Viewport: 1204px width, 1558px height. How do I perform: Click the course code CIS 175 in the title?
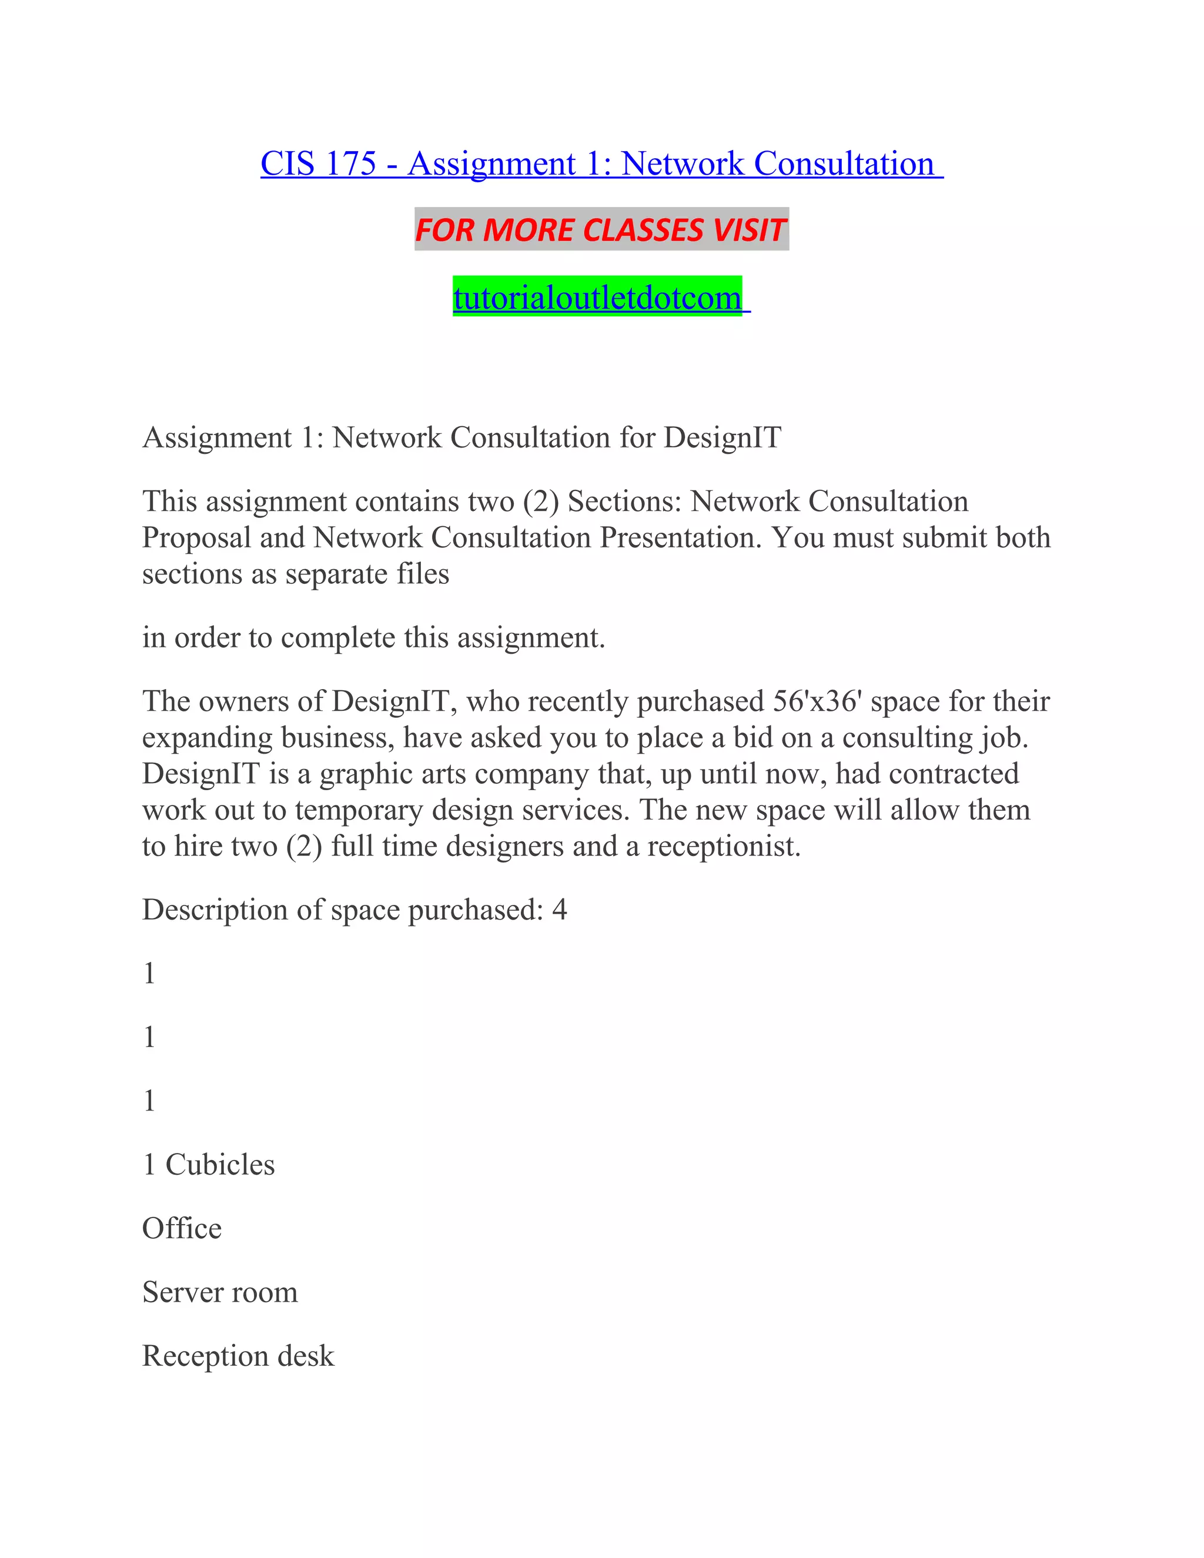(x=317, y=163)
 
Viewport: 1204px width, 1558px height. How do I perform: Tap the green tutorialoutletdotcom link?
(x=598, y=297)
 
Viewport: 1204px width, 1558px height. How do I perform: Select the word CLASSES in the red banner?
(x=643, y=230)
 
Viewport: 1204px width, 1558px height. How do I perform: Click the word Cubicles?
(x=220, y=1165)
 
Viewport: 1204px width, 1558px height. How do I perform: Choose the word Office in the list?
(x=182, y=1228)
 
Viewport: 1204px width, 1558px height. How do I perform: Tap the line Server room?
(x=220, y=1292)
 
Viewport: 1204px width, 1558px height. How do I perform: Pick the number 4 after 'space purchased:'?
(x=559, y=910)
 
